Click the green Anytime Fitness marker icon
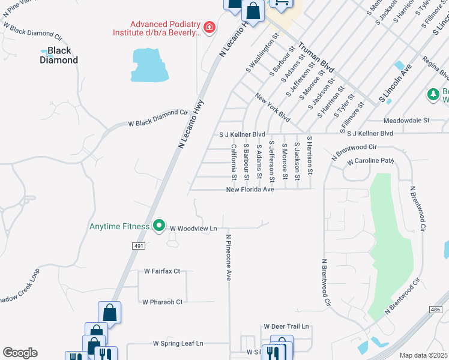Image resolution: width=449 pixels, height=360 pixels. point(159,226)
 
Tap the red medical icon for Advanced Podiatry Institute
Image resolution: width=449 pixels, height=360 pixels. point(209,28)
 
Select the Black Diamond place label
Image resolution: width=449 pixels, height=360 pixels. point(59,55)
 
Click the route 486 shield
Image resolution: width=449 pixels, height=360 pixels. point(436,309)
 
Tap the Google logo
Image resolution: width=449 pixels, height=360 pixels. point(20,353)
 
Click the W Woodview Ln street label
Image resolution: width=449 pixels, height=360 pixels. point(193,229)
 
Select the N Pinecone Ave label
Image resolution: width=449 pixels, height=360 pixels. point(229,257)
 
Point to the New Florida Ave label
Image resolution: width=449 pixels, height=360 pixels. point(250,190)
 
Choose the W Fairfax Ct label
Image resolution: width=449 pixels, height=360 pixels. point(161,271)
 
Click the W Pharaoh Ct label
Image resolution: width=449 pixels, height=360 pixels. point(162,302)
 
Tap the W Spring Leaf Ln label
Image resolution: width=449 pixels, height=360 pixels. point(178,344)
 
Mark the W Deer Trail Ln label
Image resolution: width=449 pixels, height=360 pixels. point(286,326)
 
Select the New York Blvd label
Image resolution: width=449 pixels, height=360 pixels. point(273,107)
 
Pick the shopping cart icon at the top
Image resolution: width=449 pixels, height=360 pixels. point(281,3)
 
